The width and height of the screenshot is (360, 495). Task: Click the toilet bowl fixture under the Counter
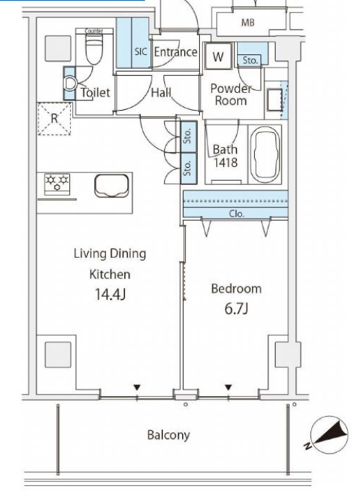(94, 49)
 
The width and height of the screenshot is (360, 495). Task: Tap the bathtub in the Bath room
(267, 155)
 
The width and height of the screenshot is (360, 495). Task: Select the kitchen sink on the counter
(112, 186)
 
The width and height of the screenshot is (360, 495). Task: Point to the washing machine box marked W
(218, 56)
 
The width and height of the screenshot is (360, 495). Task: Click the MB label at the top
(248, 23)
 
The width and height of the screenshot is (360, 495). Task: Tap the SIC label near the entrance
(141, 52)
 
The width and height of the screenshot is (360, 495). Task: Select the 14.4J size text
(110, 294)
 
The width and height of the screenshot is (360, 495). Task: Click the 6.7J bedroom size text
(236, 309)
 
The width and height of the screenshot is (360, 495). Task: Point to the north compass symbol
(328, 434)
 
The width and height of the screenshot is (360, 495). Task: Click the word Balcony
(168, 435)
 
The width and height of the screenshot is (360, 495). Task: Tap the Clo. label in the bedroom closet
(236, 214)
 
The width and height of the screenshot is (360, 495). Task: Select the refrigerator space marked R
(54, 119)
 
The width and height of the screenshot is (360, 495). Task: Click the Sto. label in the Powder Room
(250, 60)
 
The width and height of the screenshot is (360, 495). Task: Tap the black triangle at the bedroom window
(228, 387)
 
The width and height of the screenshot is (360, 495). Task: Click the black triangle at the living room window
(137, 387)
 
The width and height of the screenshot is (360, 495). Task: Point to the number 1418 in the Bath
(225, 162)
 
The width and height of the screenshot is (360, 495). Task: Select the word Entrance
(175, 52)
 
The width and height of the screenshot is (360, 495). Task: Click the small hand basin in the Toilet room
(70, 83)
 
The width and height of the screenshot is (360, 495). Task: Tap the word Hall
(161, 93)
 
